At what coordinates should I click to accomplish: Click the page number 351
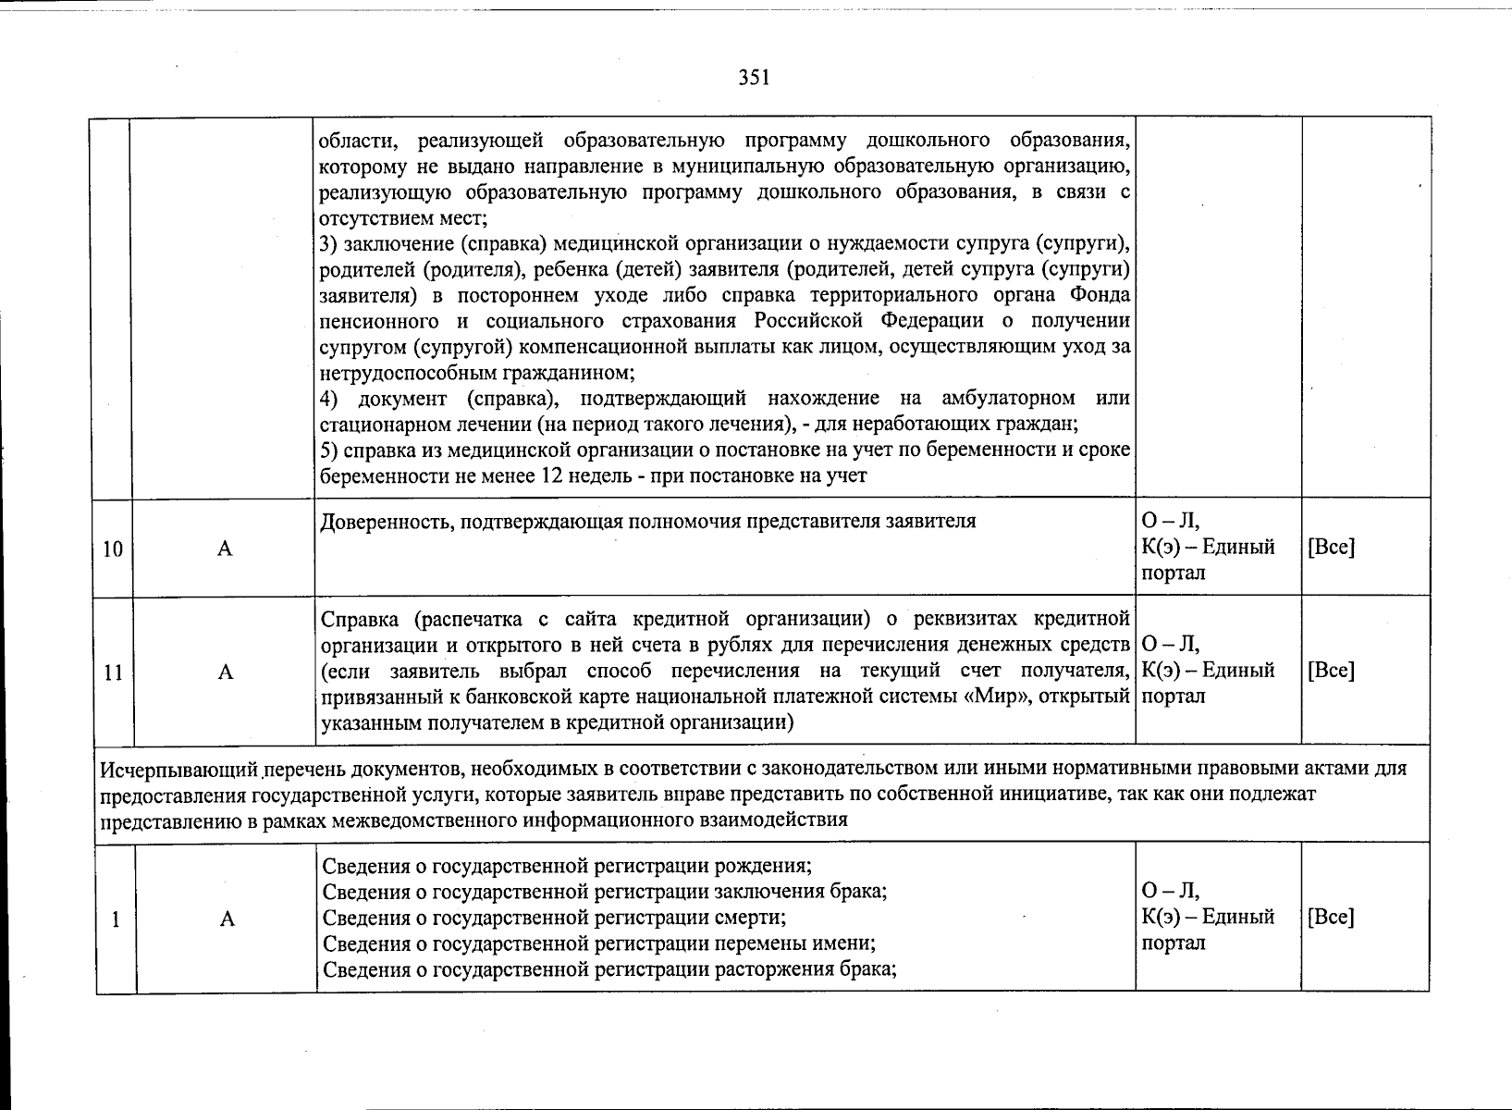click(754, 79)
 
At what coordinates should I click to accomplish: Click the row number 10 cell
click(113, 549)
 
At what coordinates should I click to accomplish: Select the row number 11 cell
click(113, 672)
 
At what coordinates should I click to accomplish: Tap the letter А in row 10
click(225, 549)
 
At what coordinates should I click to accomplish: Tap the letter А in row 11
click(225, 672)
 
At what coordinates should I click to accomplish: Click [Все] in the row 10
click(1331, 547)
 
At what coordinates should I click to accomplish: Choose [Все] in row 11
click(1331, 671)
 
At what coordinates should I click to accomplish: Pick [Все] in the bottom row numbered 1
click(1331, 917)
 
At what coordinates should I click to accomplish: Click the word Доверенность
click(378, 522)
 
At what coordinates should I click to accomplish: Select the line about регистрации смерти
click(553, 918)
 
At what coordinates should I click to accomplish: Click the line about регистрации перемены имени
click(598, 943)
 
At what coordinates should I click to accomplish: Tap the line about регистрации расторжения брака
click(610, 969)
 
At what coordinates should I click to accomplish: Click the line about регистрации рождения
click(566, 867)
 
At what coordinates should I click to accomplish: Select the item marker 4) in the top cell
click(331, 399)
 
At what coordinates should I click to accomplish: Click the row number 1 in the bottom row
click(115, 919)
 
